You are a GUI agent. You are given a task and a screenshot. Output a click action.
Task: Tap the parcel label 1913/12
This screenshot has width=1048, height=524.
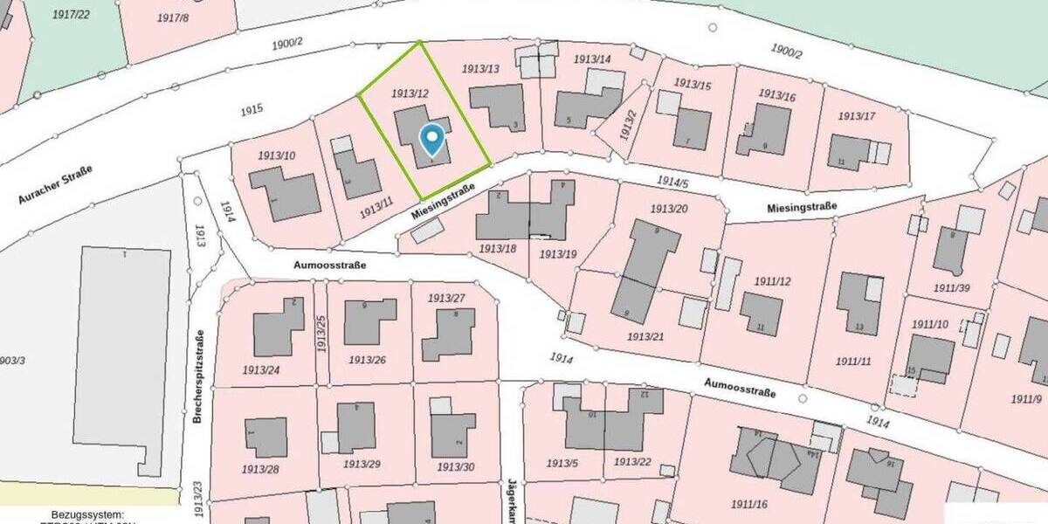[x=410, y=93]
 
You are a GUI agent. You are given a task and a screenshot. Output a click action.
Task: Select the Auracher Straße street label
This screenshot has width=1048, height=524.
[x=55, y=184]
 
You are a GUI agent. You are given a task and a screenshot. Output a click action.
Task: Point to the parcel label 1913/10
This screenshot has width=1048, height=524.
[x=276, y=155]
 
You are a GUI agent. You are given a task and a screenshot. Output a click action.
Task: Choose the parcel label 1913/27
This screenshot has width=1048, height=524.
[x=446, y=298]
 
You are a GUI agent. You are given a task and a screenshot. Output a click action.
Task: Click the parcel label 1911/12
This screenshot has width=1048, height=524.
[x=772, y=280]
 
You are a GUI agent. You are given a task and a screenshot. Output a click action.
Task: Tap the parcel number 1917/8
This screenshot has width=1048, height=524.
[x=173, y=17]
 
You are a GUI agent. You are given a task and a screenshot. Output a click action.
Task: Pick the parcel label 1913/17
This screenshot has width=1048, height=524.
[x=856, y=116]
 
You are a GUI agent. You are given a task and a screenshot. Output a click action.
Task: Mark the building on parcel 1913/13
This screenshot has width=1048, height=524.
[x=498, y=107]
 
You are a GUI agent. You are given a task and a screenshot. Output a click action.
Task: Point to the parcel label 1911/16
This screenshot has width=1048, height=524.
[x=748, y=504]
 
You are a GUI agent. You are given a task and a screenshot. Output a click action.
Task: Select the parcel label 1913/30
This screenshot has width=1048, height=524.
[x=457, y=467]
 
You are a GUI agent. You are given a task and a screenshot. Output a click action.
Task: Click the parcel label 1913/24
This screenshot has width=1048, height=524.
[x=261, y=369]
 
